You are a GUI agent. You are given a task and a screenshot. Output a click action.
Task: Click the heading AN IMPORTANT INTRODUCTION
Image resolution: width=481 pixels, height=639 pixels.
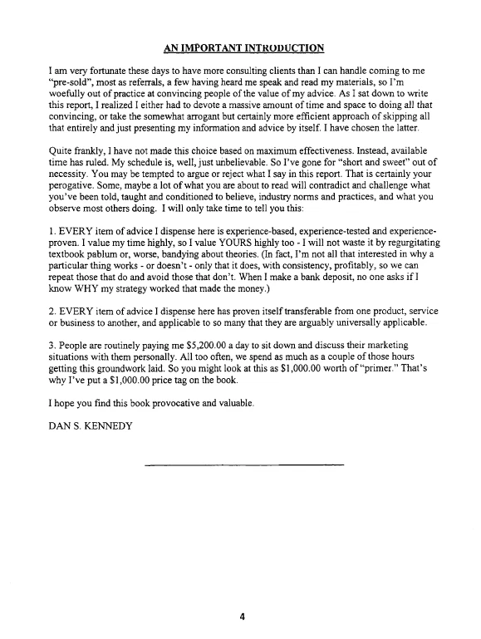click(x=243, y=47)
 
